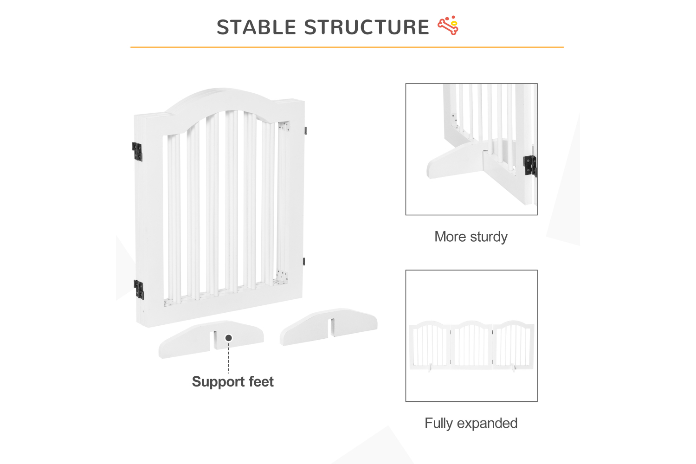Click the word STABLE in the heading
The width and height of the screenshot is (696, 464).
point(256,27)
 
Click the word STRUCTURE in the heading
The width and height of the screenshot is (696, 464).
point(367,27)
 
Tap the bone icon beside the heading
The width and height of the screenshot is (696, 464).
point(448,25)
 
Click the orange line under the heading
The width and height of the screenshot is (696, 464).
point(347,47)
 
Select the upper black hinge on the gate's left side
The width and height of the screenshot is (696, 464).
point(137,152)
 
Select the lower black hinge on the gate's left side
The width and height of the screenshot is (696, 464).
point(139,290)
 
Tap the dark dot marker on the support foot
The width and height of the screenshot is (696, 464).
point(229,338)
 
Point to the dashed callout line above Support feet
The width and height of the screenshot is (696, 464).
point(229,357)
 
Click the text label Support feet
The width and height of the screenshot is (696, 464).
point(233,382)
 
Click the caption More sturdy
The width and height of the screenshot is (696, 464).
point(471,237)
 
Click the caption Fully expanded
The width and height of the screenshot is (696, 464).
point(471,423)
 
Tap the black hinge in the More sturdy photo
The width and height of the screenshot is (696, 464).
point(530,166)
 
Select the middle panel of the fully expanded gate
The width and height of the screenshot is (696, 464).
point(472,345)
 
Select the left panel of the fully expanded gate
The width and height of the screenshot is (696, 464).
point(430,346)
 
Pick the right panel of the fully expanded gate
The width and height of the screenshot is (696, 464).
point(513,345)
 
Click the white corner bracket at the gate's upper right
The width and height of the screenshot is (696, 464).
point(284,126)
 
